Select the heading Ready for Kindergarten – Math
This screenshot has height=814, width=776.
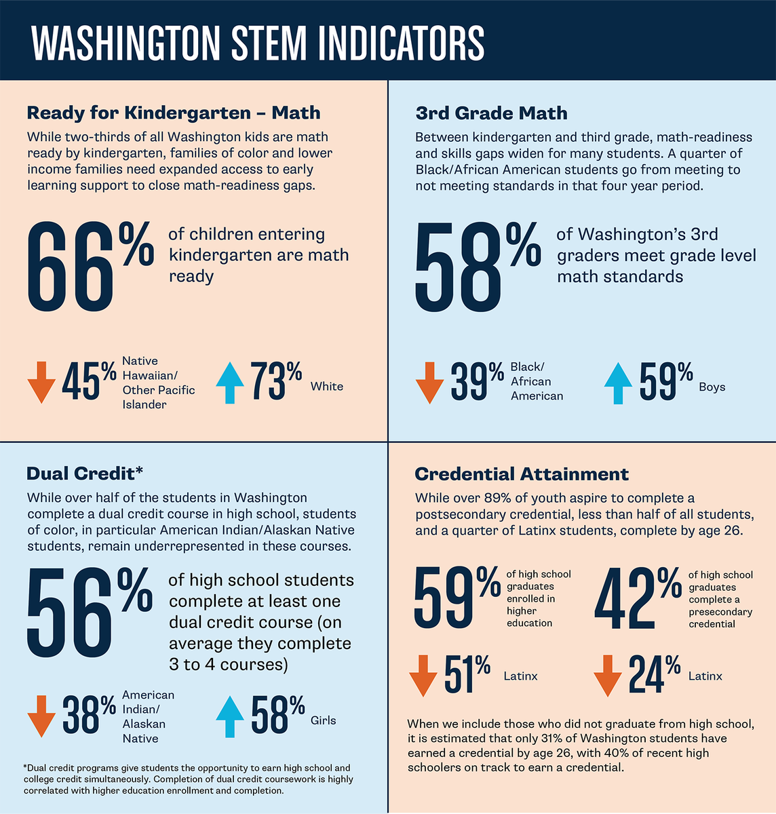click(x=173, y=112)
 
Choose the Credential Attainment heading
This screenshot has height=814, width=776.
click(x=522, y=473)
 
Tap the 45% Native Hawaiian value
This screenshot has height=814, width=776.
click(x=89, y=382)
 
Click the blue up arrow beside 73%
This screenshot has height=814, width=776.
click(x=229, y=383)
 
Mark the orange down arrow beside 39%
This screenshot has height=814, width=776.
click(x=429, y=383)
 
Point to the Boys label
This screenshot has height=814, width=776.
click(x=712, y=387)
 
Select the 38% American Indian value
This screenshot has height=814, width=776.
click(x=89, y=715)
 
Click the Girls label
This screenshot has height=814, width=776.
click(x=323, y=720)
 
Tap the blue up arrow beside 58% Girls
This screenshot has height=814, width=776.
click(x=229, y=716)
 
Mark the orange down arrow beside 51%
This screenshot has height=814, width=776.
click(x=423, y=675)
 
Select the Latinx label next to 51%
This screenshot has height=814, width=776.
click(x=520, y=676)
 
